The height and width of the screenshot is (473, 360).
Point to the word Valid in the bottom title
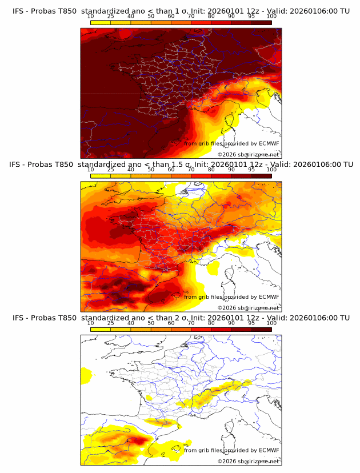click(276, 318)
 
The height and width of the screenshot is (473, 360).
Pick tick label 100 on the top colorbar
click(271, 17)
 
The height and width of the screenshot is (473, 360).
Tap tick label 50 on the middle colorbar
click(151, 170)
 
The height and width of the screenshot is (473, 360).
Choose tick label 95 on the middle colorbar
click(251, 170)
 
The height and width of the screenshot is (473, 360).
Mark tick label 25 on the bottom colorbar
click(111, 323)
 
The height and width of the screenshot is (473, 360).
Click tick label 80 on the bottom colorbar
click(211, 323)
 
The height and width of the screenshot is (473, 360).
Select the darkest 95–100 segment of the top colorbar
click(262, 22)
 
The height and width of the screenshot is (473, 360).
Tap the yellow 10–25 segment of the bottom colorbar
click(101, 329)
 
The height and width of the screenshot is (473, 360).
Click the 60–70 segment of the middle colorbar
click(181, 175)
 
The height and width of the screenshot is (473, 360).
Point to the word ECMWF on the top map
click(269, 144)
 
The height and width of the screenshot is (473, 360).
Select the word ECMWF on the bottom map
click(269, 450)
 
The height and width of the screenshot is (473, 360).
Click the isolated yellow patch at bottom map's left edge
click(86, 375)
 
